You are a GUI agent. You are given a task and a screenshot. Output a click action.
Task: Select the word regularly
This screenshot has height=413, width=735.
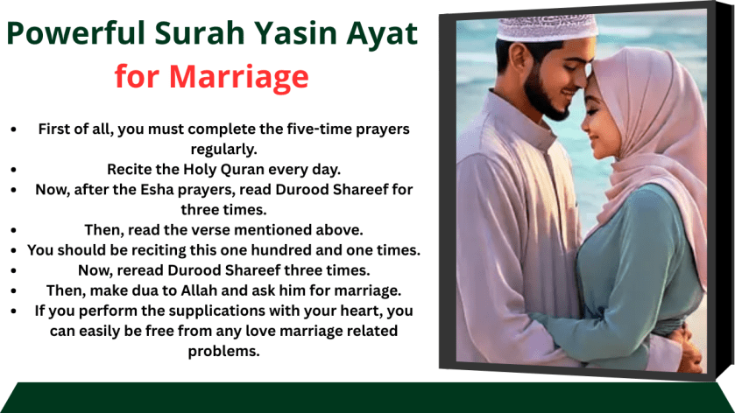[223, 149]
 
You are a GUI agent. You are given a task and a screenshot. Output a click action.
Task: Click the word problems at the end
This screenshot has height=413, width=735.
[223, 351]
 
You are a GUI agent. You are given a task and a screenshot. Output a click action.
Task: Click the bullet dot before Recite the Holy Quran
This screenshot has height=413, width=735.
[13, 169]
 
